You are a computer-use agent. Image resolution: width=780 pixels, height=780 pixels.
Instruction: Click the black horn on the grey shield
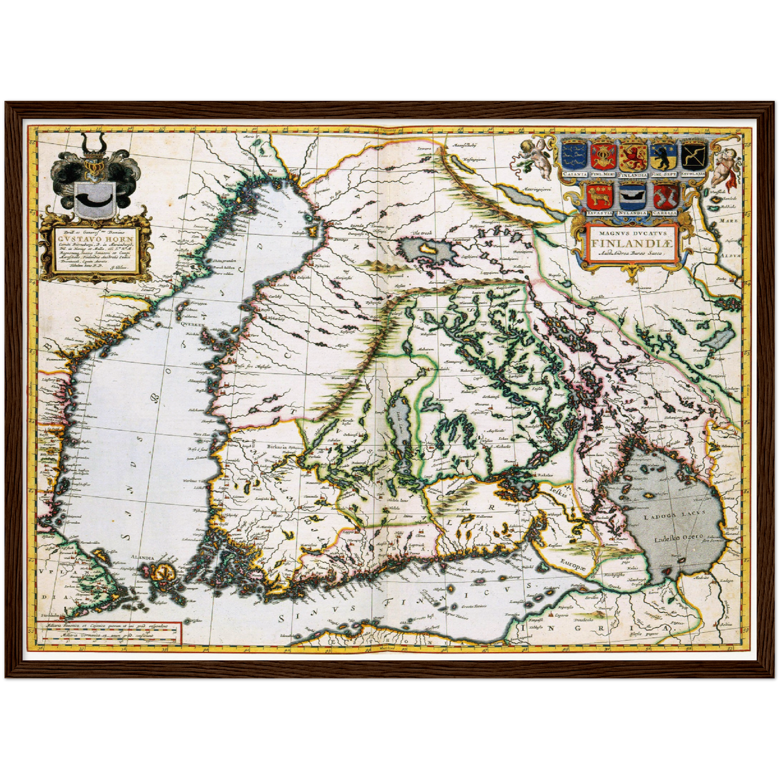coord(94,202)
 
